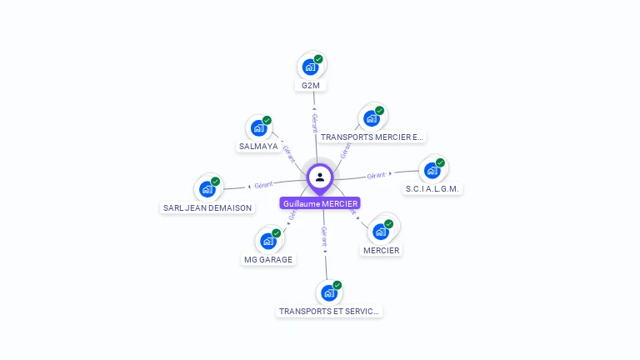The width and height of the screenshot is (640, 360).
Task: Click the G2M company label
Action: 312,85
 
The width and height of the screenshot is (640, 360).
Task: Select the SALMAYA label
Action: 258,146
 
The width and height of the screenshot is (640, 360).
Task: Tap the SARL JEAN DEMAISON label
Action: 207,207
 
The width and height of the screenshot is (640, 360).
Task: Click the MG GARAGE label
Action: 268,259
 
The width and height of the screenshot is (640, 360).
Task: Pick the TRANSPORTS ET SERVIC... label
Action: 329,311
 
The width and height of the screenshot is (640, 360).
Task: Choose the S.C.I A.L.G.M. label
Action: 432,189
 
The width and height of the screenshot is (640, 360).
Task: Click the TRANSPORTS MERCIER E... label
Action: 372,137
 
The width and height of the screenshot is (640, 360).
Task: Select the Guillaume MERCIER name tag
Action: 320,203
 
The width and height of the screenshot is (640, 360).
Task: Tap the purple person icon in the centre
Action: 320,177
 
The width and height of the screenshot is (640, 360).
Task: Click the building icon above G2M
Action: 310,67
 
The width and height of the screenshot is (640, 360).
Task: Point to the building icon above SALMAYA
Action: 258,128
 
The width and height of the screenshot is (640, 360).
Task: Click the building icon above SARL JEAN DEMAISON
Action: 207,189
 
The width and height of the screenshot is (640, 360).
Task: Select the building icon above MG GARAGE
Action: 267,241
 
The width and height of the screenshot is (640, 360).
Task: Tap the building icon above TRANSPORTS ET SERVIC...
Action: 328,292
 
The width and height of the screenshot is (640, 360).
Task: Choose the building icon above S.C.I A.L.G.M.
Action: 431,171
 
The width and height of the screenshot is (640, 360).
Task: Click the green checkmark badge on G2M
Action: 318,59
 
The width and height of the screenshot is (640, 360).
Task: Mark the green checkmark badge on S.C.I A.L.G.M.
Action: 440,163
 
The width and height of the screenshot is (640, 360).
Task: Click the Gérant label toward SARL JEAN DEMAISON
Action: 263,184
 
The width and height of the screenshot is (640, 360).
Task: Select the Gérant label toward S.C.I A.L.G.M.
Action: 377,175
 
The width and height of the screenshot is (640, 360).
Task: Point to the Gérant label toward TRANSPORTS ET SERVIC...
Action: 324,236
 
